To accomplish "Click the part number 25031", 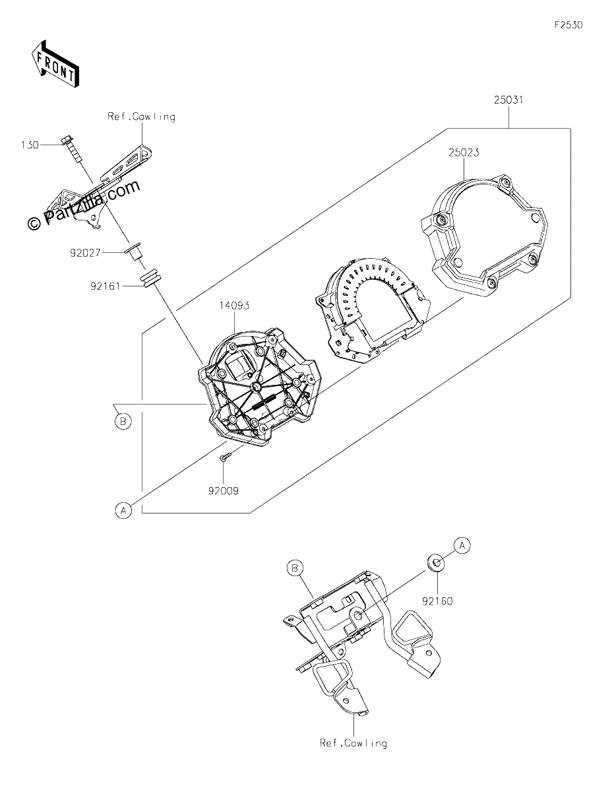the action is pyautogui.click(x=508, y=100).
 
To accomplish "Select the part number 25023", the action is pyautogui.click(x=464, y=152).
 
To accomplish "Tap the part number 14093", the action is pyautogui.click(x=234, y=306).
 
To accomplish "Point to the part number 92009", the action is pyautogui.click(x=223, y=491).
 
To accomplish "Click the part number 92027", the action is pyautogui.click(x=85, y=253).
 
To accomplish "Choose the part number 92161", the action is pyautogui.click(x=106, y=286).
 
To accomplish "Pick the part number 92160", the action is pyautogui.click(x=437, y=601).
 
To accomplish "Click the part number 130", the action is pyautogui.click(x=30, y=145).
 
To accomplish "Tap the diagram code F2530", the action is pyautogui.click(x=568, y=25).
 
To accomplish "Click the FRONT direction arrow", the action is pyautogui.click(x=55, y=64).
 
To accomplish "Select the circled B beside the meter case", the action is pyautogui.click(x=123, y=422).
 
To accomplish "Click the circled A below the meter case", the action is pyautogui.click(x=123, y=511).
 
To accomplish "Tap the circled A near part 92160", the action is pyautogui.click(x=462, y=556).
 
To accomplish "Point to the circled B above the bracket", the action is pyautogui.click(x=295, y=568).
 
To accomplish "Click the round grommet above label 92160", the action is pyautogui.click(x=436, y=571).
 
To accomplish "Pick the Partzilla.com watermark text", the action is pyautogui.click(x=84, y=205).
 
